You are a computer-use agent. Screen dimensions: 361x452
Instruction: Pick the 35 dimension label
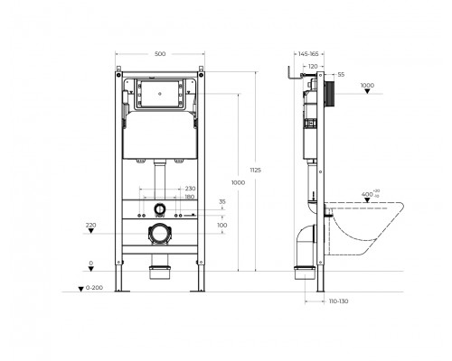click(222, 203)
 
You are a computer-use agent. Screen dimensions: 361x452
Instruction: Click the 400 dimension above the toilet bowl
click(367, 194)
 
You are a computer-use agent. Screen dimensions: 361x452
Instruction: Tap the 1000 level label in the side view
click(366, 86)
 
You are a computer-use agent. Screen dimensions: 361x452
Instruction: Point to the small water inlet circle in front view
click(160, 210)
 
